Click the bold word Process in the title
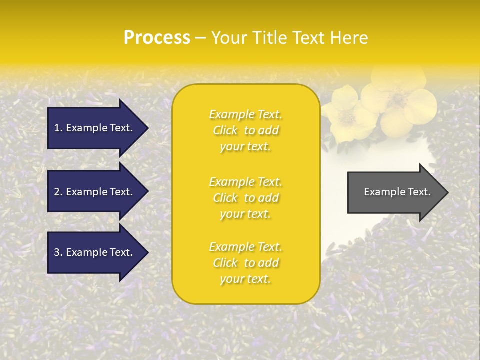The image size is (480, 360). (157, 38)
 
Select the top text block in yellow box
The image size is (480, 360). (245, 130)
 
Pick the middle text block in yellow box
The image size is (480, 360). (245, 198)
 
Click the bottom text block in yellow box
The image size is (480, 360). (245, 263)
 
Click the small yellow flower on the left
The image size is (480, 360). (344, 112)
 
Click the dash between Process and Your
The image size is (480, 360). (201, 38)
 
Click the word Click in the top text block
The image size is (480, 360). (225, 130)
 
